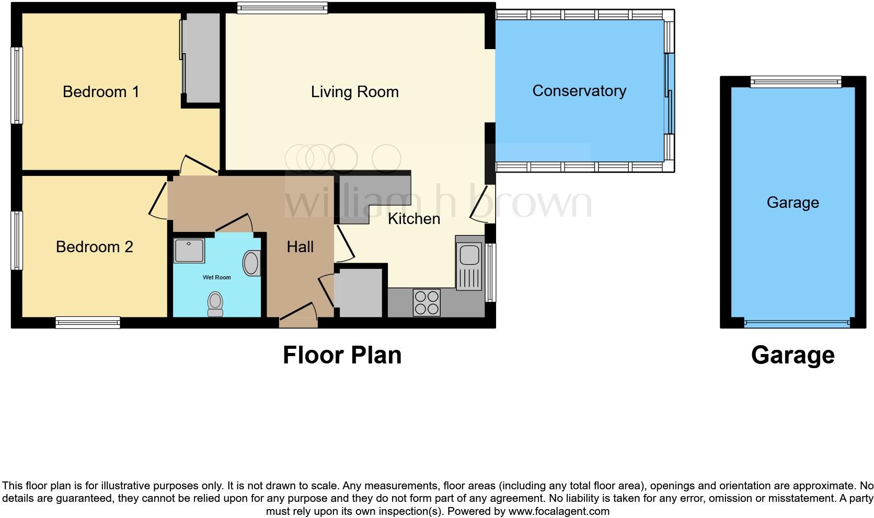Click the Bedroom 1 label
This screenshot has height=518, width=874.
pyautogui.click(x=101, y=92)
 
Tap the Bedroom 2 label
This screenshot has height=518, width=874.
pyautogui.click(x=95, y=246)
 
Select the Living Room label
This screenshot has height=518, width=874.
pyautogui.click(x=354, y=92)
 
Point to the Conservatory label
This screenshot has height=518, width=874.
pyautogui.click(x=579, y=91)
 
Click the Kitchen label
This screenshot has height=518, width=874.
pyautogui.click(x=414, y=218)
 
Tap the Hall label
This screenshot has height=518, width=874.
pyautogui.click(x=300, y=246)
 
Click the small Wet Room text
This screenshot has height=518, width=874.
pyautogui.click(x=217, y=277)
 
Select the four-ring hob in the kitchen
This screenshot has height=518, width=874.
pyautogui.click(x=427, y=302)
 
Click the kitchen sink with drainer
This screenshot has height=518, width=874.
pyautogui.click(x=469, y=266)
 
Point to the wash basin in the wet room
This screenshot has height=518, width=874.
pyautogui.click(x=252, y=263)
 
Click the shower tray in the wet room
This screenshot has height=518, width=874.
pyautogui.click(x=189, y=251)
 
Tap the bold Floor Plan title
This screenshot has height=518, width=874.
pyautogui.click(x=342, y=355)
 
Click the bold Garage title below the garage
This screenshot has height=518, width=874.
pyautogui.click(x=792, y=355)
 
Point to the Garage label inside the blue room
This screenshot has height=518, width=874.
pyautogui.click(x=792, y=202)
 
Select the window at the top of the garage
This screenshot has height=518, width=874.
pyautogui.click(x=796, y=81)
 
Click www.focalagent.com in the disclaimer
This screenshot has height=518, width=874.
pyautogui.click(x=559, y=511)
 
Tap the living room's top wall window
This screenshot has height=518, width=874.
pyautogui.click(x=282, y=7)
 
